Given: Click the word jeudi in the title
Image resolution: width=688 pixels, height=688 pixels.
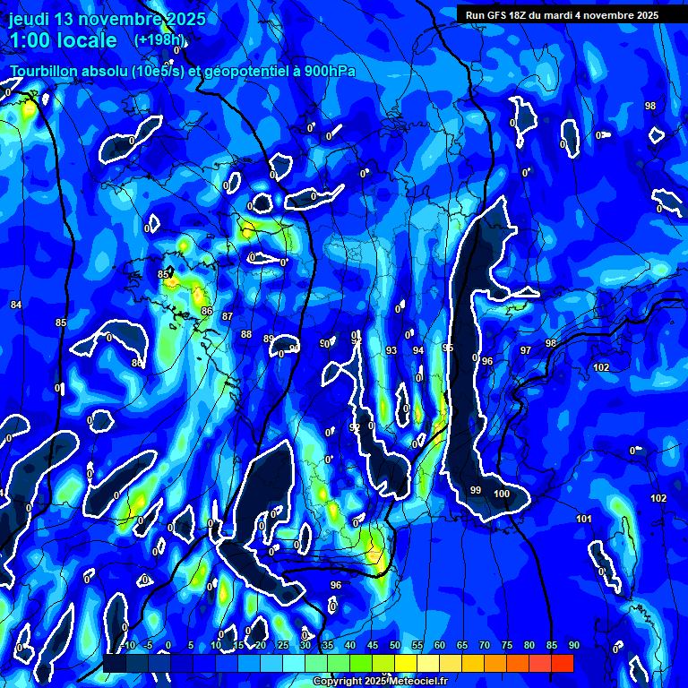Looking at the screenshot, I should point(31,20).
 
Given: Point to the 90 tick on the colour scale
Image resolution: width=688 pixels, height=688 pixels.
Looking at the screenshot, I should point(573,645).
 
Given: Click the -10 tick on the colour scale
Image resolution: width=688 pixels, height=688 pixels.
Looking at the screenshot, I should point(127,645).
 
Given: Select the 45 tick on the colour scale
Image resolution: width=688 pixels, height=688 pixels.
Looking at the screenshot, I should point(373,645).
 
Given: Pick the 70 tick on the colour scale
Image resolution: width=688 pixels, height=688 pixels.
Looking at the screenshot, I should point(485,645).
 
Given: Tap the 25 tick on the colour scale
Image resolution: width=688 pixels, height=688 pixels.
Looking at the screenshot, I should point(283,645).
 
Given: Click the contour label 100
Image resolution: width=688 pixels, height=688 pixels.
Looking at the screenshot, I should point(502,494).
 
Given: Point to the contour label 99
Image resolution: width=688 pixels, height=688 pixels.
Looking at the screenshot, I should point(476,490).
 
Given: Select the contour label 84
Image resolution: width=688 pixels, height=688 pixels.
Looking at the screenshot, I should point(16,305).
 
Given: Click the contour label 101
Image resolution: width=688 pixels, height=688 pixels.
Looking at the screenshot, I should point(584,519).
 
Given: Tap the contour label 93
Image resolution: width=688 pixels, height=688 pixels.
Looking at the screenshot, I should point(391,350).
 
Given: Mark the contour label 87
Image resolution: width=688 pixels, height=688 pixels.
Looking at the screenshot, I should point(228,316).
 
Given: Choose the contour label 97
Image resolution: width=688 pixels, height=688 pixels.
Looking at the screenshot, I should point(526,350).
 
